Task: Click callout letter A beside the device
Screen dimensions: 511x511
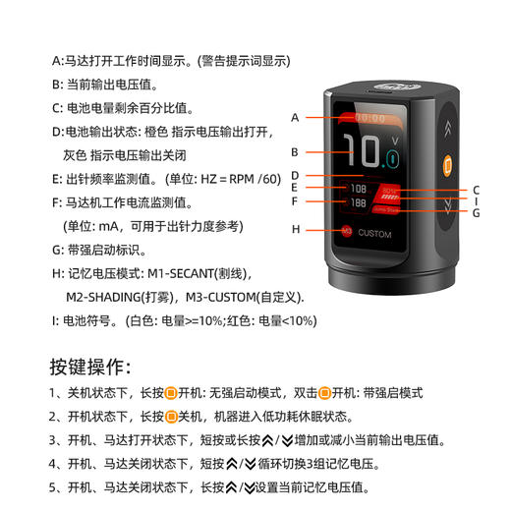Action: (x=294, y=117)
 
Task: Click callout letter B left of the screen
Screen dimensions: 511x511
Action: (x=294, y=152)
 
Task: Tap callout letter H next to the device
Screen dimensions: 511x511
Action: (x=294, y=229)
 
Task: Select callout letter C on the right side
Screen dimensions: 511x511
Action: (x=476, y=190)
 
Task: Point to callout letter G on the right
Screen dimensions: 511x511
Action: (x=476, y=212)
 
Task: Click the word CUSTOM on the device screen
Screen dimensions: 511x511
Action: (x=374, y=234)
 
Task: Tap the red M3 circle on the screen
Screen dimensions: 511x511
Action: (x=347, y=233)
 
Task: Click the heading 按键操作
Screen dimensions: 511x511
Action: (x=90, y=368)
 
